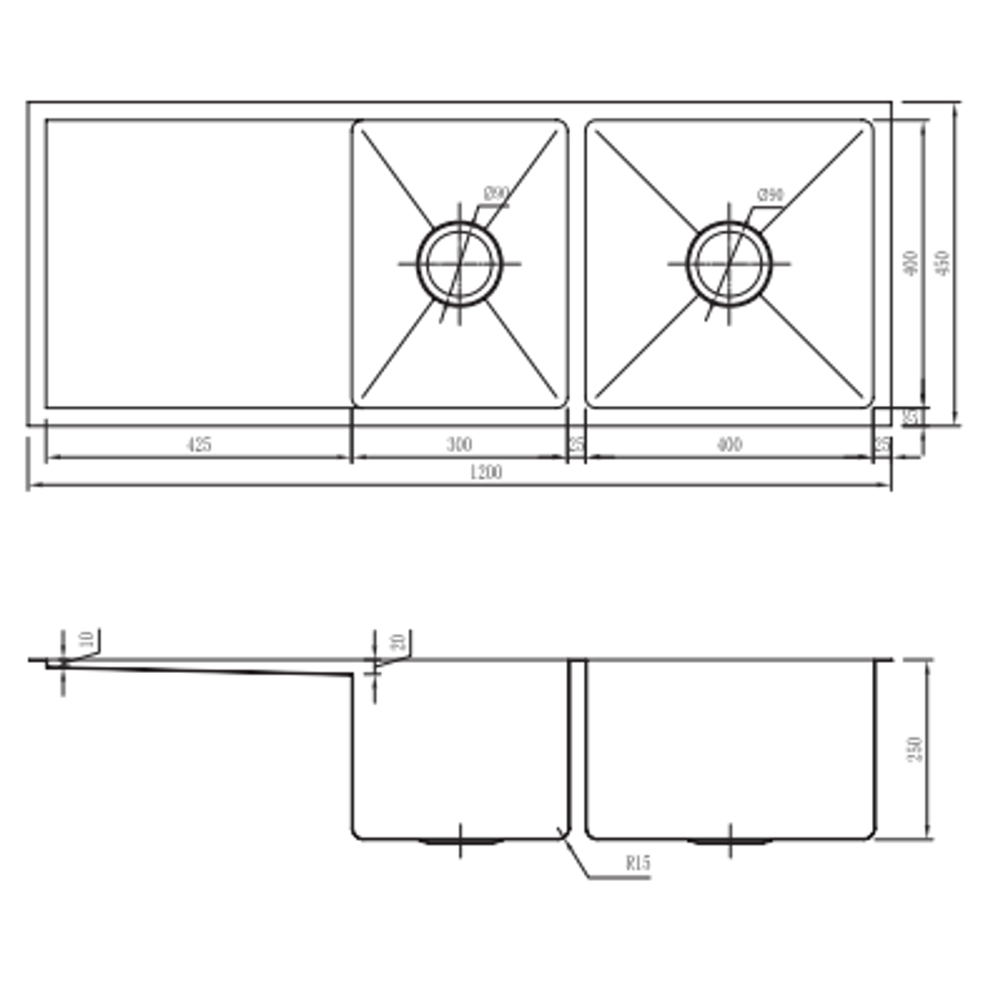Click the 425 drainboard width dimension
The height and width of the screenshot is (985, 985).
(199, 445)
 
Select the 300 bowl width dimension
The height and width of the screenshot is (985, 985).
(460, 445)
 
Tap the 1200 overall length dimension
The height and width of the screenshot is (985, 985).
(485, 473)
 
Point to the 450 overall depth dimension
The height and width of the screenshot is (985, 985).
(944, 264)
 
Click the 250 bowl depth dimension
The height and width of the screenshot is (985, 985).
(916, 749)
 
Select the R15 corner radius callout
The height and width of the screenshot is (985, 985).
(638, 863)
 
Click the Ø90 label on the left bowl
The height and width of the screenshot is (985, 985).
(496, 194)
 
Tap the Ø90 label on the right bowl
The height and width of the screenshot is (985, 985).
(771, 194)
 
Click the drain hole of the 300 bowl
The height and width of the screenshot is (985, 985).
(460, 264)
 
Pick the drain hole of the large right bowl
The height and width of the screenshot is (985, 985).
(729, 264)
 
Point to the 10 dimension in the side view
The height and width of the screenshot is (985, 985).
(87, 639)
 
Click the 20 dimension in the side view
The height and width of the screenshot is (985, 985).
(398, 641)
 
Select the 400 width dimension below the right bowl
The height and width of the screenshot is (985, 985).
(730, 445)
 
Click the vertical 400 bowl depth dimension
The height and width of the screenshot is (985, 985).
(911, 264)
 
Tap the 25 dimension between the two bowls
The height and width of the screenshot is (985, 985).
(576, 445)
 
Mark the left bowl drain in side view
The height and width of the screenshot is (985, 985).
(460, 840)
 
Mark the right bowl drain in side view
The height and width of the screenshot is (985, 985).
(729, 840)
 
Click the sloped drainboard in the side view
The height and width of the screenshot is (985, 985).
(210, 669)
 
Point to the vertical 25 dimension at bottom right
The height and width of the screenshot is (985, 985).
(908, 418)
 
